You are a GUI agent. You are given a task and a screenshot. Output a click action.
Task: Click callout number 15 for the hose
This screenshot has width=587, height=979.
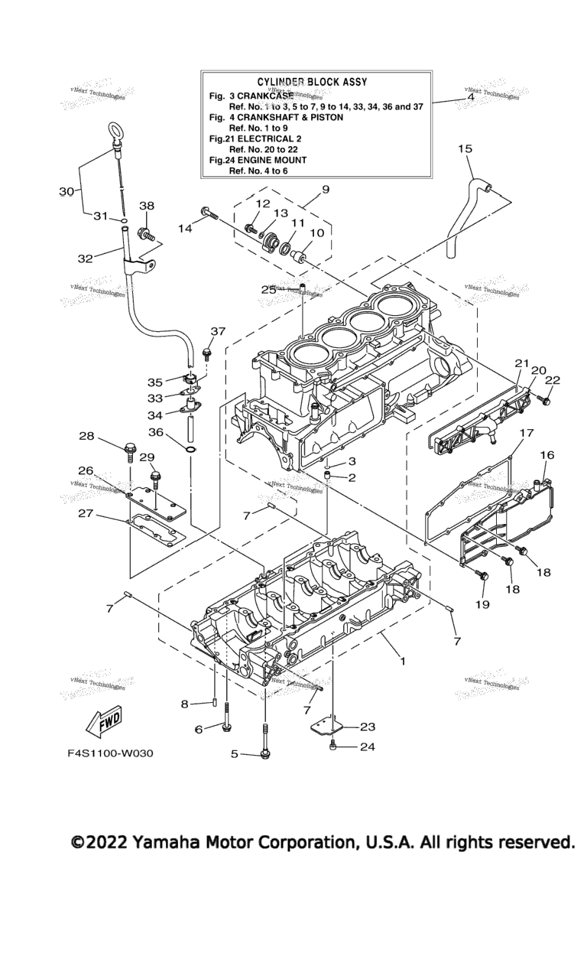[465, 149]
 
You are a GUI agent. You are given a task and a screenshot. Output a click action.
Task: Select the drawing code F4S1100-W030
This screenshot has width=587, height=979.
[110, 753]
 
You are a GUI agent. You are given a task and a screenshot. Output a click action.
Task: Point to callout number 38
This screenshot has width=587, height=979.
[147, 206]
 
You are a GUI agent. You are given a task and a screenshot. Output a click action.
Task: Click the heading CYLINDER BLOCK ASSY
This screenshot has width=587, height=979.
[312, 81]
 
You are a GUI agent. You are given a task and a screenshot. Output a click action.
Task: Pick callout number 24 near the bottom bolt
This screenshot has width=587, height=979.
[368, 747]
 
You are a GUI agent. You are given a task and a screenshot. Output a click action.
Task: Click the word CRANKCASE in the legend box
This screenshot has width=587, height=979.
[266, 95]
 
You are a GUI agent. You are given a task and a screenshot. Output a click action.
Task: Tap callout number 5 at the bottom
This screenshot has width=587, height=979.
[235, 754]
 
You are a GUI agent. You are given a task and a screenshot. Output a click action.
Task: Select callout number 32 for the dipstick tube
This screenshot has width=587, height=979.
[85, 258]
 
